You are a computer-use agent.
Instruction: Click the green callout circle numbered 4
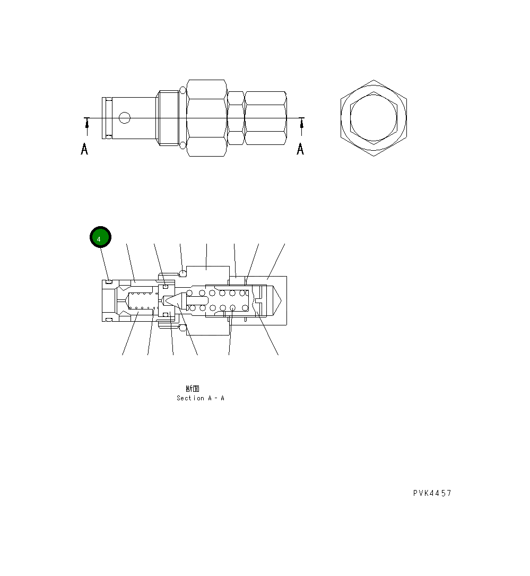100,237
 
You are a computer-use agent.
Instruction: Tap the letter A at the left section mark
84,150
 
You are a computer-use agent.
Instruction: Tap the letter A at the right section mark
300,149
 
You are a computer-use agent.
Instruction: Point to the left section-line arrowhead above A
87,124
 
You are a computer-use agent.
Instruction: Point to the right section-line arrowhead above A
302,124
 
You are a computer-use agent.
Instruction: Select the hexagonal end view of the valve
373,118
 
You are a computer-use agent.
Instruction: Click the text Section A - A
201,398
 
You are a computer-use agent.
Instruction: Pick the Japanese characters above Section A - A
193,389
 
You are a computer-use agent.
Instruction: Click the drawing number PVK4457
432,493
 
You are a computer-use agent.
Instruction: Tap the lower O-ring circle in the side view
183,145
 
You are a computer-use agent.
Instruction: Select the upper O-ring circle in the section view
183,274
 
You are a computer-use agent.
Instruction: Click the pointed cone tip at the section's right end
276,301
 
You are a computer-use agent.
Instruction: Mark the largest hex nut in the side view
207,118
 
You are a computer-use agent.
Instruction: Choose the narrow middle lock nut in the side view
236,118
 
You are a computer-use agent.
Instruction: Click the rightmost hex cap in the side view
265,118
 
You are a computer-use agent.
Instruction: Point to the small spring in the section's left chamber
141,301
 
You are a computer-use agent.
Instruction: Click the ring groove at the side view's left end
108,118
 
